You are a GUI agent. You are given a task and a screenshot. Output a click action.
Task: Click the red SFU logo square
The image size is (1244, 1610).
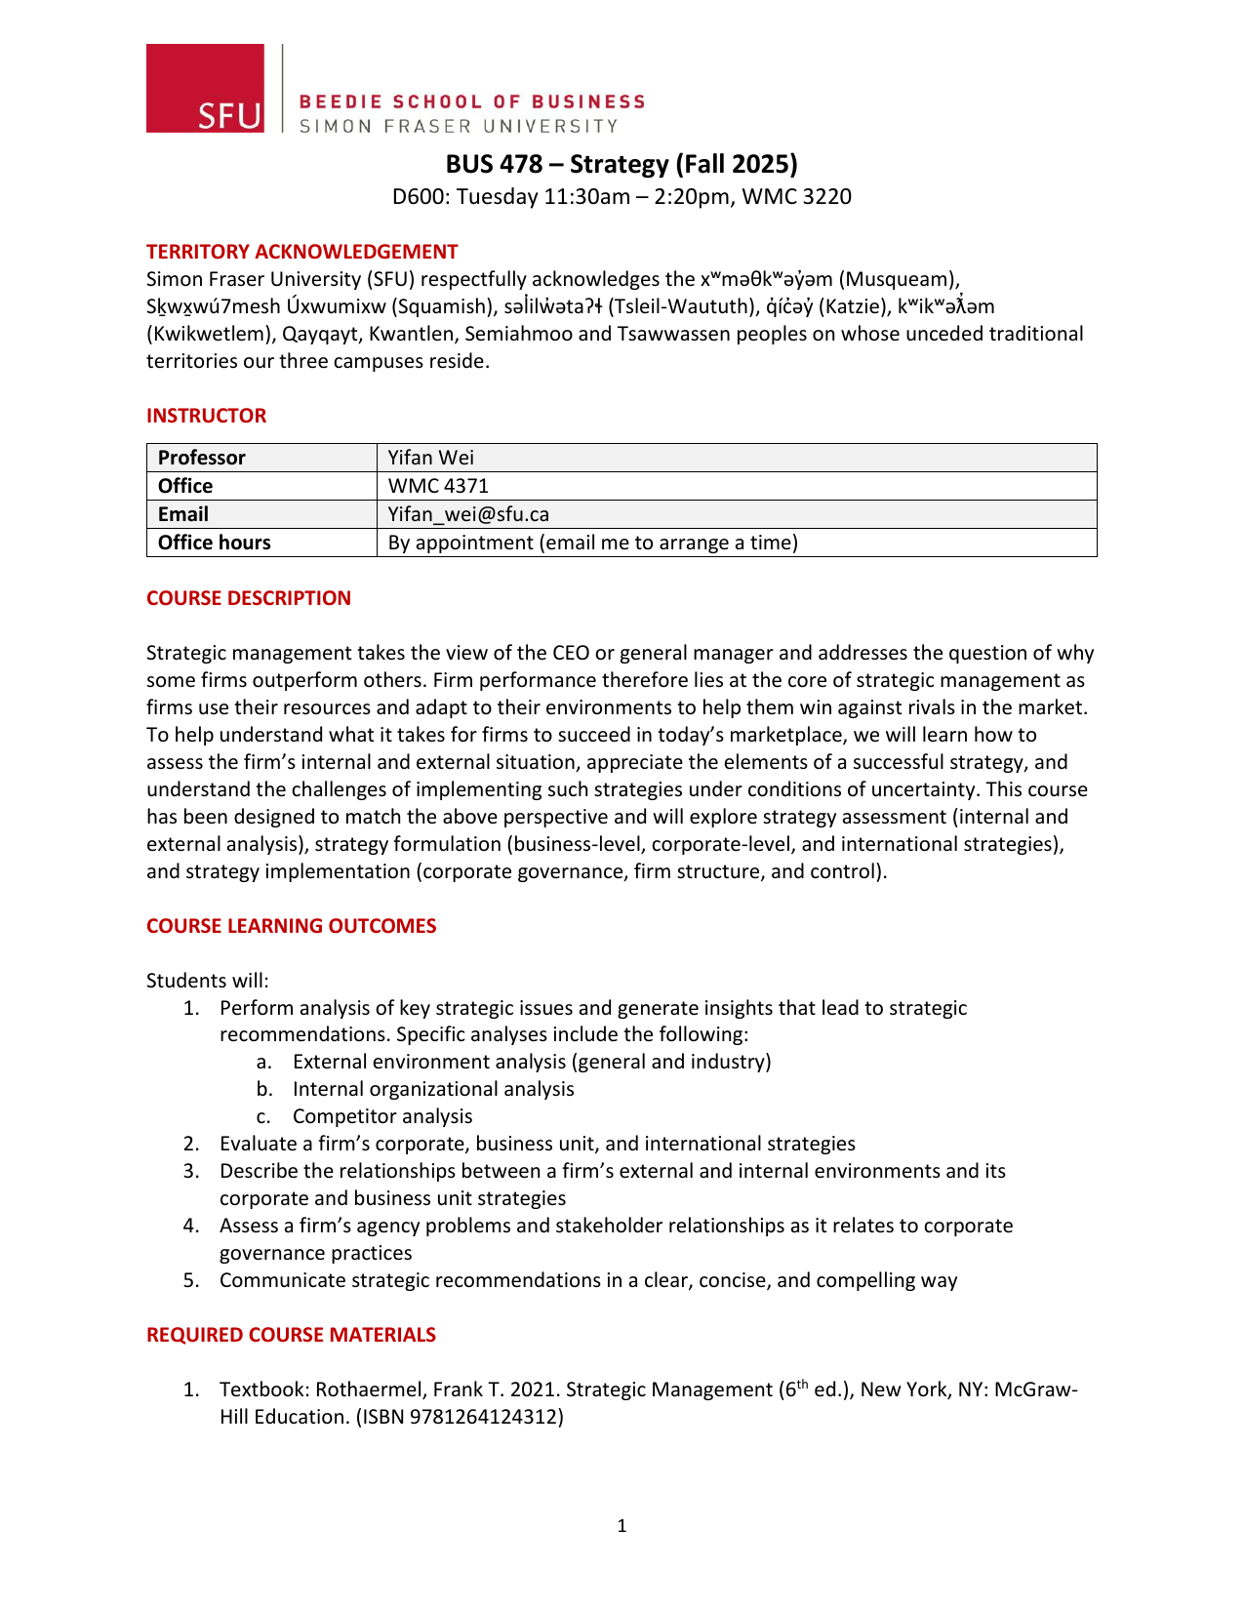[205, 88]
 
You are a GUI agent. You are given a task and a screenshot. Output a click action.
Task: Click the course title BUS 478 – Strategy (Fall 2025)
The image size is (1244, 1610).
[622, 164]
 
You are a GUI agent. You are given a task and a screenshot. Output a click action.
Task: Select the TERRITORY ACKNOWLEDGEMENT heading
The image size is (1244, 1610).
[301, 252]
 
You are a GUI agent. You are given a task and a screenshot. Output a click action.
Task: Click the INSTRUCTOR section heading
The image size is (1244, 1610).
[206, 416]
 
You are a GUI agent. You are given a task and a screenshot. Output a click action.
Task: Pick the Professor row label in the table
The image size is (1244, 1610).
[202, 458]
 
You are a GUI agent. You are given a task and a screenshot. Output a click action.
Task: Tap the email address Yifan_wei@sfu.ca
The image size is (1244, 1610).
[468, 514]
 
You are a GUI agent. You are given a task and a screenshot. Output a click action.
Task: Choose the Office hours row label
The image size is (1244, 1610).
[215, 543]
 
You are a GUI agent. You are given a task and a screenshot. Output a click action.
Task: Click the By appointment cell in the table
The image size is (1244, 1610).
[592, 543]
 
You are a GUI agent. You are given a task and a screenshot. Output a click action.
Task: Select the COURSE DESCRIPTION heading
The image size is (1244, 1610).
[249, 598]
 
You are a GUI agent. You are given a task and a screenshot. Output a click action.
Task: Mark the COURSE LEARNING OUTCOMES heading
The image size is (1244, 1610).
[291, 926]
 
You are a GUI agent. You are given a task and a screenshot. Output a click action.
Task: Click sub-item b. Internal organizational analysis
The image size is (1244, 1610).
[432, 1089]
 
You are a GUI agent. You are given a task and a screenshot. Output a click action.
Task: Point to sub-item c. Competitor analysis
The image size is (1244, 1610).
[381, 1116]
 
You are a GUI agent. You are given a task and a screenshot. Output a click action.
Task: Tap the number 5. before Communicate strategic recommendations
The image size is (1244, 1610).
[191, 1280]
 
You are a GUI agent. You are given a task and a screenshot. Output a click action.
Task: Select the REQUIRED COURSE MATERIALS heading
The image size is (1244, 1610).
[291, 1335]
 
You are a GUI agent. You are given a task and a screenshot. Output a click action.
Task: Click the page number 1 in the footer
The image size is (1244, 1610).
[622, 1526]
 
